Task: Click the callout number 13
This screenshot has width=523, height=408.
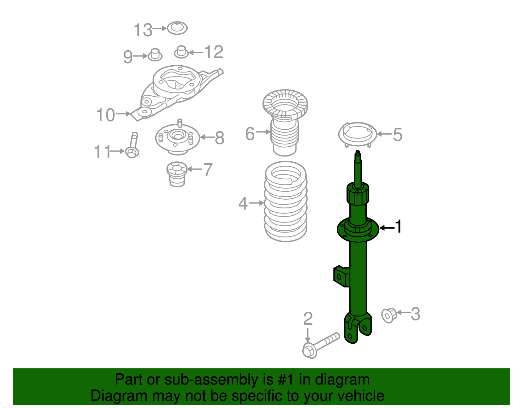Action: tap(143, 30)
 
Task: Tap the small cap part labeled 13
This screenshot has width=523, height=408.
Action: tap(177, 28)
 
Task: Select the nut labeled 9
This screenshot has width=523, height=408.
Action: tap(155, 55)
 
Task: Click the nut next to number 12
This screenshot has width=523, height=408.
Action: tap(181, 52)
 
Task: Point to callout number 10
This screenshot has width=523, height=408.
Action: tap(105, 115)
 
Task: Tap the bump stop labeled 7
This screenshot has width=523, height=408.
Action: tap(177, 174)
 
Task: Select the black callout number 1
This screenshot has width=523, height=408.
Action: tap(398, 227)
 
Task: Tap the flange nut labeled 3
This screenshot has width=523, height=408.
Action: tap(389, 315)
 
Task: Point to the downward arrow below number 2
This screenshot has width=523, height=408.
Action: tap(307, 335)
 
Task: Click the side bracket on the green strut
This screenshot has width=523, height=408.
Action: tap(341, 276)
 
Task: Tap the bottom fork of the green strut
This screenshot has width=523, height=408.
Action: tap(358, 328)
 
